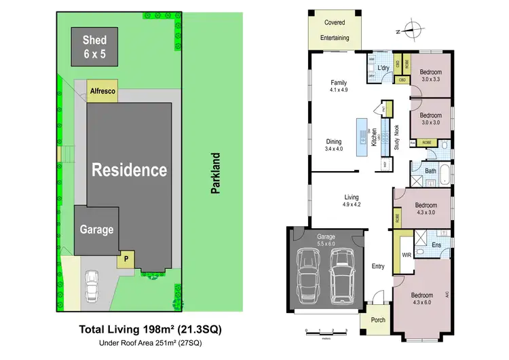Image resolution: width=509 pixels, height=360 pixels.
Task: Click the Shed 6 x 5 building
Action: click(x=95, y=46)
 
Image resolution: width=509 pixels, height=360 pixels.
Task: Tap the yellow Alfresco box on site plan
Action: click(x=102, y=91)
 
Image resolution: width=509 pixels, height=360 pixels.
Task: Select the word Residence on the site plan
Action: click(x=129, y=169)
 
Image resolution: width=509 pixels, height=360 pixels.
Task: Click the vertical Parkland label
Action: click(x=216, y=174)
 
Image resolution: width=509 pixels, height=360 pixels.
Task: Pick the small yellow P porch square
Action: click(x=126, y=259)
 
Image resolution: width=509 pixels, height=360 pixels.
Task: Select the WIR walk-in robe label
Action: click(x=407, y=255)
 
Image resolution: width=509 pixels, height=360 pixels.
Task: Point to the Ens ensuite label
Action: click(x=437, y=245)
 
